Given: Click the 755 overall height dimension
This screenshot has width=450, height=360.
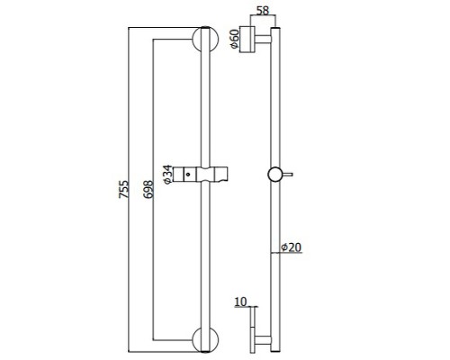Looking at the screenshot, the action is [123, 189].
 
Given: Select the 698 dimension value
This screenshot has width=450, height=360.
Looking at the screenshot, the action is [148, 189].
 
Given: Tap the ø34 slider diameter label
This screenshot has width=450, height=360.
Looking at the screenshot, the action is [167, 175].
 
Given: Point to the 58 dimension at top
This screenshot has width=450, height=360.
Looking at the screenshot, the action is [263, 11].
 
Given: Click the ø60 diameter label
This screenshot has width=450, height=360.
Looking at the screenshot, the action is [235, 39].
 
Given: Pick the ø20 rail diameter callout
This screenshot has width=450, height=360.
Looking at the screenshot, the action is [292, 247].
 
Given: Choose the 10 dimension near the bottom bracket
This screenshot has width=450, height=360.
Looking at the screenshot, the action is [240, 301].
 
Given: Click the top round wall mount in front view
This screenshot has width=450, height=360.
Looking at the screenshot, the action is [205, 39].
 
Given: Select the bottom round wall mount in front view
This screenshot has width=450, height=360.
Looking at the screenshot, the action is [205, 340].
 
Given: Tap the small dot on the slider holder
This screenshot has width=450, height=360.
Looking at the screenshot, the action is [188, 174].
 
